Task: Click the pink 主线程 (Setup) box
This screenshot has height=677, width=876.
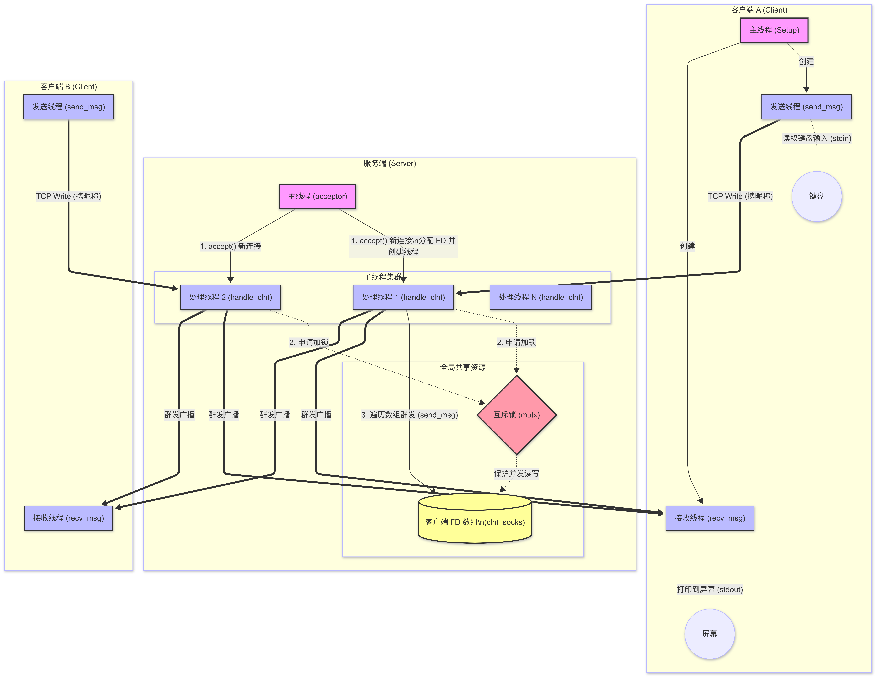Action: (x=774, y=30)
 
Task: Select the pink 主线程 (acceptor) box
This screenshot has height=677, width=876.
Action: (x=317, y=196)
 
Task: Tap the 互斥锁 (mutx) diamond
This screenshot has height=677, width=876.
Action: (x=517, y=415)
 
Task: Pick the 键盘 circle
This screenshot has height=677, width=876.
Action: (x=817, y=196)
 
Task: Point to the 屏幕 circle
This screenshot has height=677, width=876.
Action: (x=710, y=634)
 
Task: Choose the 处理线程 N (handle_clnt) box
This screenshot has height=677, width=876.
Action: (x=541, y=297)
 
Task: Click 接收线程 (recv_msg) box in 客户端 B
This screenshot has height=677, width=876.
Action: (x=69, y=518)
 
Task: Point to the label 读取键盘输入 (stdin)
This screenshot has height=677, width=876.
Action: (x=817, y=138)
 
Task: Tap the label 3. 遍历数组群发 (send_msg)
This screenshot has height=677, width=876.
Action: (x=410, y=415)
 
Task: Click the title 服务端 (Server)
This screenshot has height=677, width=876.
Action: (x=389, y=164)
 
